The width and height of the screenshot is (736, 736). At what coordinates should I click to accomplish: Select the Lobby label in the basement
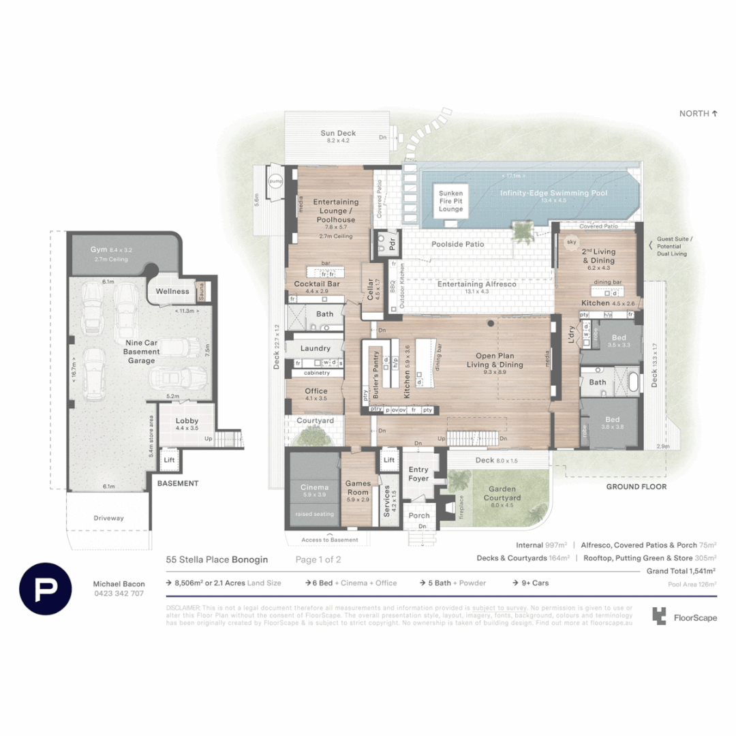187,421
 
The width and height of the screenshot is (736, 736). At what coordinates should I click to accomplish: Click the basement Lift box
168,461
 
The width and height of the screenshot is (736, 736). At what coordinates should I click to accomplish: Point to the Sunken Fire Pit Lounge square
450,202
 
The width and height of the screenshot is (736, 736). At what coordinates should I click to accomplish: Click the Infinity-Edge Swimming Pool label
553,194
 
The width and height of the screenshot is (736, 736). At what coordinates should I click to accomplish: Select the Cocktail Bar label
316,283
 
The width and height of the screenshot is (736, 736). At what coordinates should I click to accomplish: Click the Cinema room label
314,487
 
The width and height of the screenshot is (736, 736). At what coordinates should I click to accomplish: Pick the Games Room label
358,487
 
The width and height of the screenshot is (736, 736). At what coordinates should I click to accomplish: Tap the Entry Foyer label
418,474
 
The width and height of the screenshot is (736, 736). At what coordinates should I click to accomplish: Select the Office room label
316,391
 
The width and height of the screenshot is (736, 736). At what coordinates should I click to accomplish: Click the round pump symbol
275,181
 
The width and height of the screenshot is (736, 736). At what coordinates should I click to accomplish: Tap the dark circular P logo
46,589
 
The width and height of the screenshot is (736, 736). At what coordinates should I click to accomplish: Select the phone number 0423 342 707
118,594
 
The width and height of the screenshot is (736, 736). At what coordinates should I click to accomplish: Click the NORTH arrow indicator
699,114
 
